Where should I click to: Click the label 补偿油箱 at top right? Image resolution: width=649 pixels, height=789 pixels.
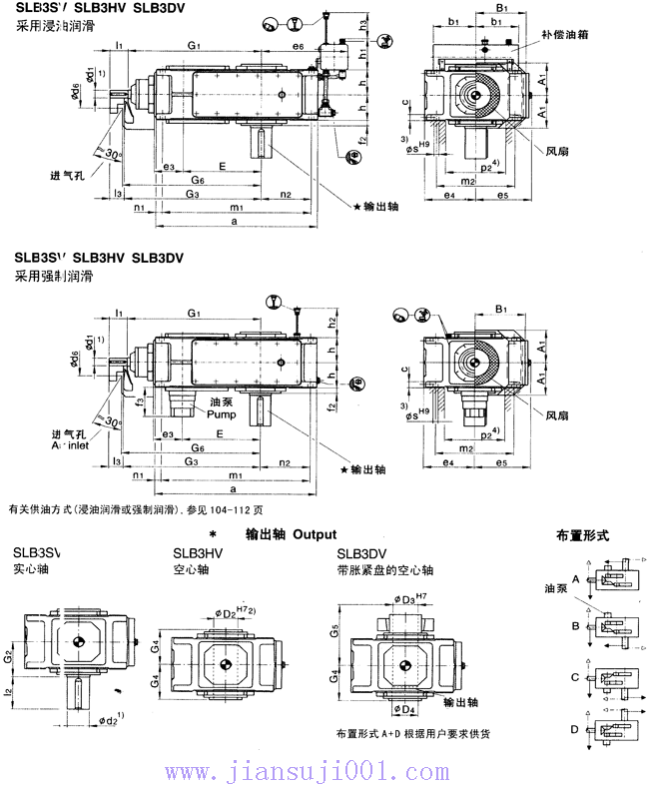(x=572, y=34)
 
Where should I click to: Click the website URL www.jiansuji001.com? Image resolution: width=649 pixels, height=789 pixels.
(x=324, y=770)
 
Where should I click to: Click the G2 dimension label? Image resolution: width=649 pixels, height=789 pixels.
(x=8, y=656)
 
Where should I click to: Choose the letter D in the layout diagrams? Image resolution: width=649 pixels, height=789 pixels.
(x=576, y=728)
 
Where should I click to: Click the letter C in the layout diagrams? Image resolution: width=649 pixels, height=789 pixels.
(x=576, y=677)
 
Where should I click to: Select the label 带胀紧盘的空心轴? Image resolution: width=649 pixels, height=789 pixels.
(x=385, y=570)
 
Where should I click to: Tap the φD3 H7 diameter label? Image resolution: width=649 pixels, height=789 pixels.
(x=409, y=598)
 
